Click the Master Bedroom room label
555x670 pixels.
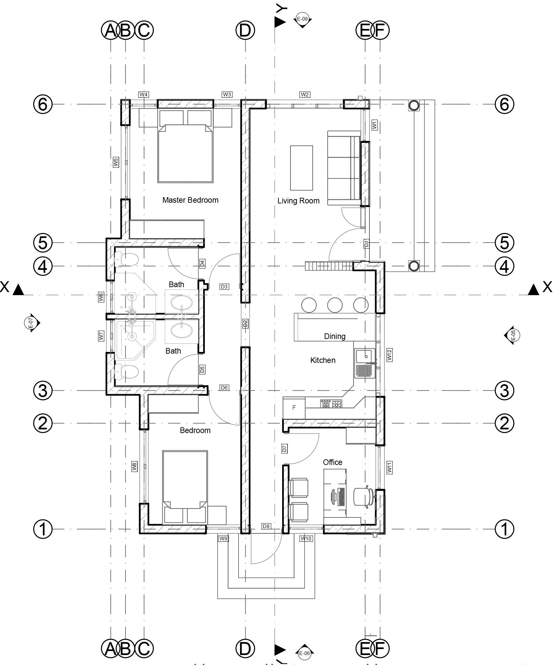(x=190, y=200)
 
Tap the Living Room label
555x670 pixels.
(x=298, y=201)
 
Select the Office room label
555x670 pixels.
(x=333, y=462)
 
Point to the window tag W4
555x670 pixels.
(x=143, y=95)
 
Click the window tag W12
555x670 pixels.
(x=390, y=355)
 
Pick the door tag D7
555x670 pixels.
(x=284, y=449)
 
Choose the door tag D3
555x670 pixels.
(x=224, y=286)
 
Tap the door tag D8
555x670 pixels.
(x=266, y=526)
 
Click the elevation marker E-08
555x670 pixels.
(x=302, y=19)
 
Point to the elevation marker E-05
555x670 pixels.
(x=512, y=335)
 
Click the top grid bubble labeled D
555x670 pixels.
(x=245, y=31)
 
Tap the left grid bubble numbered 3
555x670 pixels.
(x=43, y=391)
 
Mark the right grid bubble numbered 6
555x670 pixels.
(x=504, y=104)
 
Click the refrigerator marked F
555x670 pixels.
(x=294, y=408)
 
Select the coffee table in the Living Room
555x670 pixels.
(x=301, y=168)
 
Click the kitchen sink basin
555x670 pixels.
(x=365, y=356)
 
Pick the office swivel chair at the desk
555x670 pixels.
(x=363, y=497)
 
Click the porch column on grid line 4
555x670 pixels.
(x=414, y=266)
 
